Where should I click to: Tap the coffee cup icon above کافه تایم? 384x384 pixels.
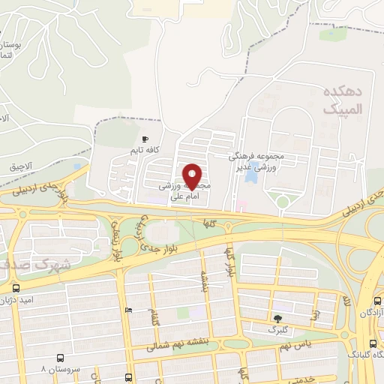(145, 139)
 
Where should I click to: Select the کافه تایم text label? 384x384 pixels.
(146, 151)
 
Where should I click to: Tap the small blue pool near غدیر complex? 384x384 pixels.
(253, 170)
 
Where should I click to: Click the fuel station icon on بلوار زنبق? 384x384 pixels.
(128, 310)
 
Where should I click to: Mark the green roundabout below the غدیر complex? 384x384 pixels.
(281, 201)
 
